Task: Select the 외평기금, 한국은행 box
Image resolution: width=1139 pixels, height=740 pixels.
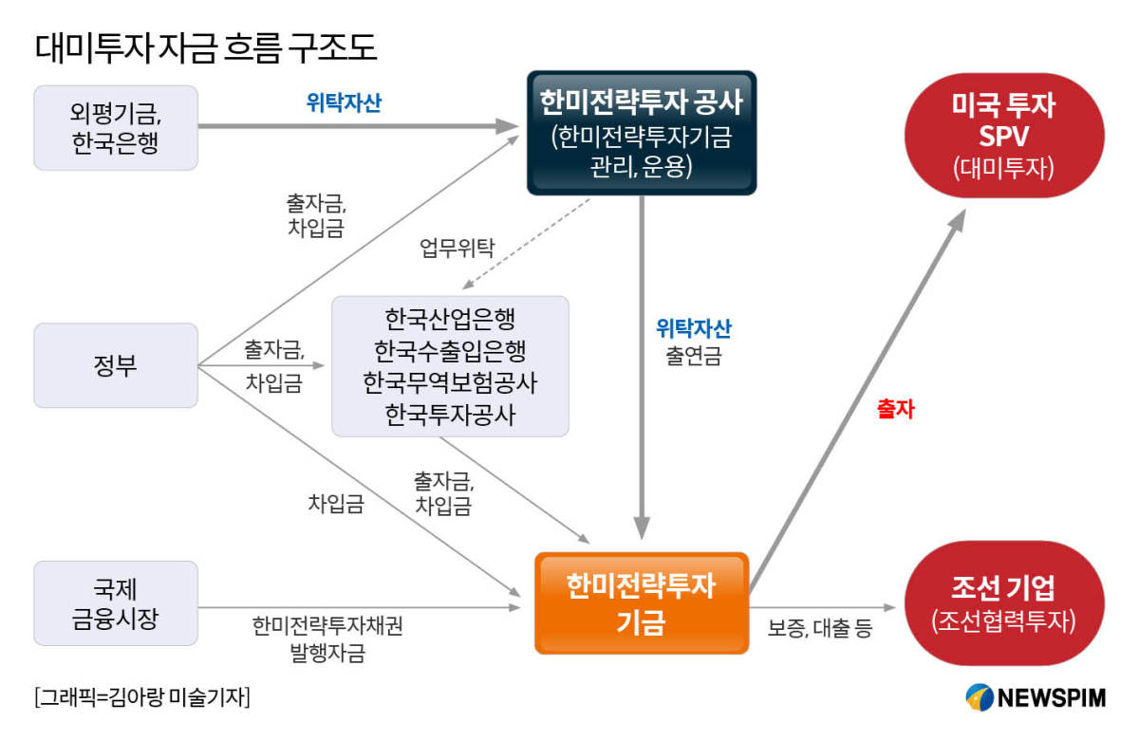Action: click(x=116, y=128)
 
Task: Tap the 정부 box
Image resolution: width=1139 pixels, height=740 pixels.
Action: click(x=116, y=365)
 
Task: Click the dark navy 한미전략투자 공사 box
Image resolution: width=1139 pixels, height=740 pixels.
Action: click(x=642, y=133)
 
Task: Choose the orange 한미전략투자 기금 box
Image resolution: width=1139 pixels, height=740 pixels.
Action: click(x=642, y=603)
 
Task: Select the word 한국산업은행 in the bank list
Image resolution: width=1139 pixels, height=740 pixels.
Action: click(x=451, y=317)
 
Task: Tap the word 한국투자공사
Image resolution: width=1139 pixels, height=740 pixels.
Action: click(x=451, y=415)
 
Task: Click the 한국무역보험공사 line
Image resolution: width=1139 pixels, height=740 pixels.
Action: click(x=451, y=382)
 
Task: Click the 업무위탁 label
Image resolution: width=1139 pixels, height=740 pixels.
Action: click(x=457, y=250)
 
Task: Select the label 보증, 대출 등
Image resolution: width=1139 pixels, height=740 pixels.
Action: click(x=818, y=628)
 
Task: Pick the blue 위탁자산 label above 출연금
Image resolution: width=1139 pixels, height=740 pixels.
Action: click(x=694, y=328)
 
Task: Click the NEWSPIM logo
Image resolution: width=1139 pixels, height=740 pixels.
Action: click(x=1036, y=697)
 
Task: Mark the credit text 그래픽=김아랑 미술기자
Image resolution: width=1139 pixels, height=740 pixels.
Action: click(x=141, y=697)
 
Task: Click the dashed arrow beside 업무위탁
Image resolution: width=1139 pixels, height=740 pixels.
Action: click(x=527, y=242)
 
